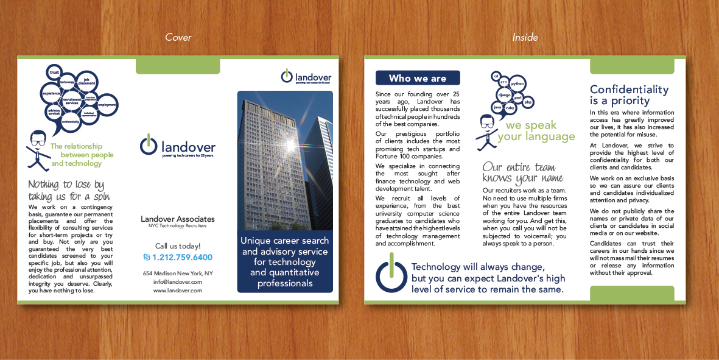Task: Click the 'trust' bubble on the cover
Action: pyautogui.click(x=54, y=72)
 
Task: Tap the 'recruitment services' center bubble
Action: pyautogui.click(x=72, y=101)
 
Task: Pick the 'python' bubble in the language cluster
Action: pyautogui.click(x=517, y=83)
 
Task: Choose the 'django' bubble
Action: pyautogui.click(x=504, y=96)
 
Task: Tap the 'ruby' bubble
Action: pyautogui.click(x=510, y=108)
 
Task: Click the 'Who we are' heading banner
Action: pyautogui.click(x=418, y=78)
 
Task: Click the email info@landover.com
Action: pyautogui.click(x=177, y=282)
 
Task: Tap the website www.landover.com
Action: pyautogui.click(x=177, y=291)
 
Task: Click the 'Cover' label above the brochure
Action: pyautogui.click(x=178, y=37)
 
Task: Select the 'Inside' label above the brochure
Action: pyautogui.click(x=525, y=37)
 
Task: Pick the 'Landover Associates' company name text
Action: pyautogui.click(x=177, y=219)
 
